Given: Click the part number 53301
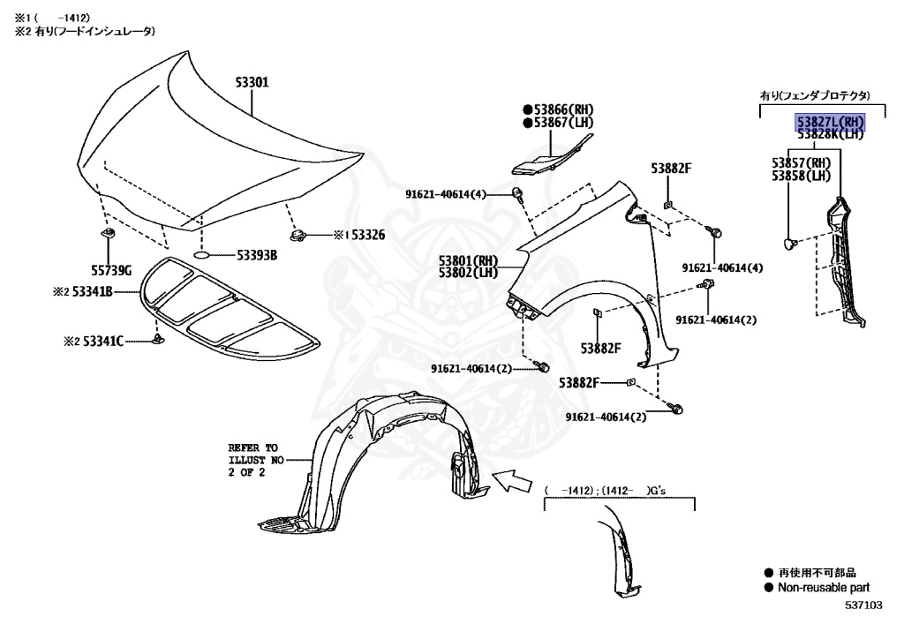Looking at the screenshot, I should click(252, 82).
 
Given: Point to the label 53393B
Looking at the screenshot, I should click(257, 255).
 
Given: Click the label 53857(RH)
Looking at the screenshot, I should click(801, 163).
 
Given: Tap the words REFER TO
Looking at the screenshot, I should click(252, 447).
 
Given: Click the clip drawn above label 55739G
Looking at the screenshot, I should click(110, 234).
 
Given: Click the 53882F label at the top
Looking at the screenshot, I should click(671, 168).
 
